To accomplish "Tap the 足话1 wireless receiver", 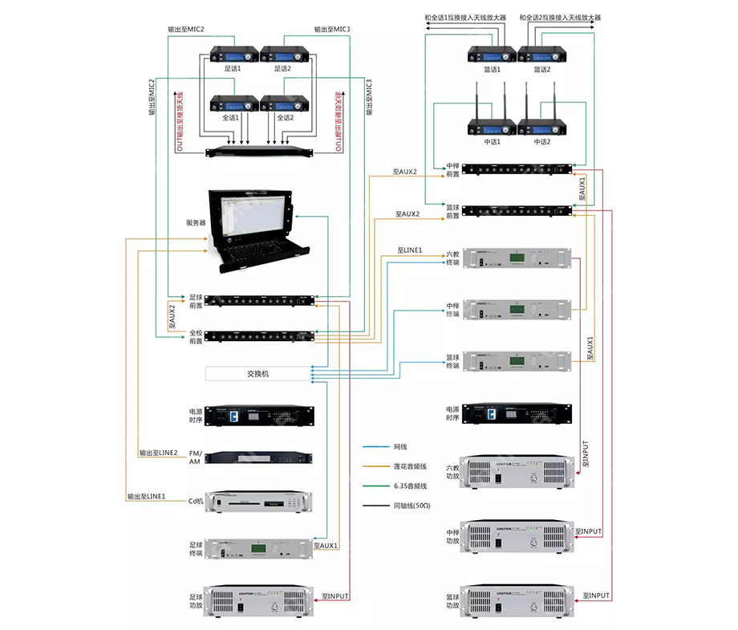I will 233,55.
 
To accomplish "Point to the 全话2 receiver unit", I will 284,104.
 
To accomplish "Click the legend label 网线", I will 403,446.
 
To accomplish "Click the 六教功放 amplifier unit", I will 518,474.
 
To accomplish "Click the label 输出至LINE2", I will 158,453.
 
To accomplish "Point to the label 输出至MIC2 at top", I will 186,30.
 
